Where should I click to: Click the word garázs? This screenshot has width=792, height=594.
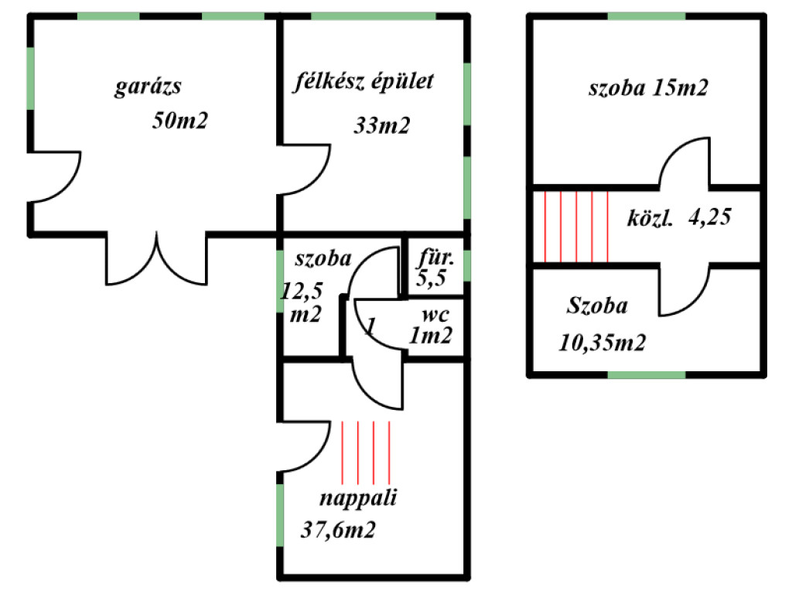tap(148, 87)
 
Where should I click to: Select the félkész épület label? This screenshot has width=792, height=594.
tap(364, 82)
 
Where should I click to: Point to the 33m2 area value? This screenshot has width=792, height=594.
tap(381, 125)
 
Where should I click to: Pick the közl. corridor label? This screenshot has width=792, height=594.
tap(650, 219)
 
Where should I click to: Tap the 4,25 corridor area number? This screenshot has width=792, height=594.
tap(709, 218)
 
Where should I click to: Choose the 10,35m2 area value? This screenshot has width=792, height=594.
tap(602, 341)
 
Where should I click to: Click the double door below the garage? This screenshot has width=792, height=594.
tap(157, 259)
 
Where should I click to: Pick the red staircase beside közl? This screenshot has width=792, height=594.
tap(576, 227)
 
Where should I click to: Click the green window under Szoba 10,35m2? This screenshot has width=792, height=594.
tap(647, 375)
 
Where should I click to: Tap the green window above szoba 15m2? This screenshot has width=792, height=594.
tap(647, 15)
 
